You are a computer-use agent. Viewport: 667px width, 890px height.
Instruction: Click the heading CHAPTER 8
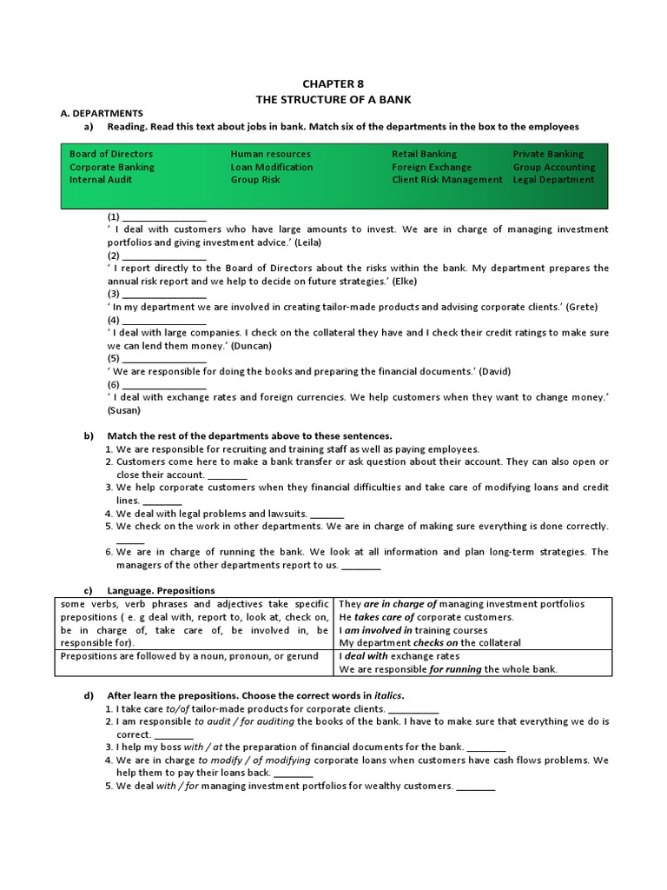[333, 83]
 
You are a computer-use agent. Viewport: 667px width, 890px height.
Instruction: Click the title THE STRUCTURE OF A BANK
[333, 99]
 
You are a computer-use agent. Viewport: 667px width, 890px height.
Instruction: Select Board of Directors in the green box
[111, 154]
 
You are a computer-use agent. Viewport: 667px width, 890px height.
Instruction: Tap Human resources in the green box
[270, 154]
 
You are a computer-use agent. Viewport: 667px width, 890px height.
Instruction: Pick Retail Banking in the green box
[424, 154]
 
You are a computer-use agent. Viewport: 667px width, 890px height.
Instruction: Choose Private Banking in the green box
[548, 154]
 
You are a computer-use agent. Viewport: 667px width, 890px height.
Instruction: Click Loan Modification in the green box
[272, 167]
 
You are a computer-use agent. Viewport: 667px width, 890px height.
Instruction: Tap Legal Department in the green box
[553, 180]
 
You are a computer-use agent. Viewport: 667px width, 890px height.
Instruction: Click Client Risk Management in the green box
[446, 180]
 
